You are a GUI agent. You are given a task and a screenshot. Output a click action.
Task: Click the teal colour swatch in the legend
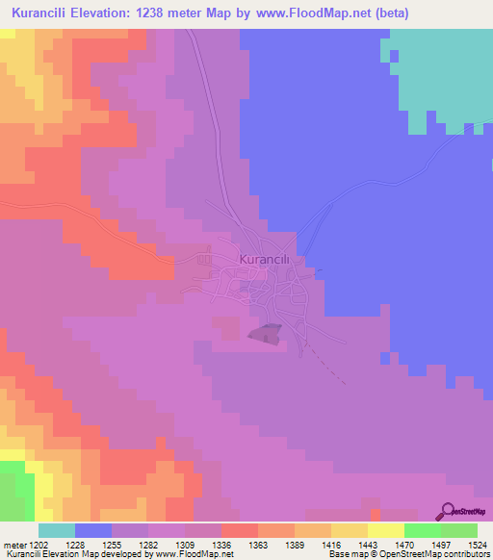56,530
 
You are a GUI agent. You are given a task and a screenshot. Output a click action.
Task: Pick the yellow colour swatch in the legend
386,530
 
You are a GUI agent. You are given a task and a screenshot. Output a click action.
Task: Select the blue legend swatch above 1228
92,530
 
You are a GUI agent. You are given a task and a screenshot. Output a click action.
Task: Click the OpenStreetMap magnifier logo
448,511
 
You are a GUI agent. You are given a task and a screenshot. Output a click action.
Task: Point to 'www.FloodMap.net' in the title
324,13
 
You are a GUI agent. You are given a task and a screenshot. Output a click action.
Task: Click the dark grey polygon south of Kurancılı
267,333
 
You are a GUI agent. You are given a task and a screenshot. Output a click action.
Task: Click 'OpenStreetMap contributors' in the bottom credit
443,555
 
